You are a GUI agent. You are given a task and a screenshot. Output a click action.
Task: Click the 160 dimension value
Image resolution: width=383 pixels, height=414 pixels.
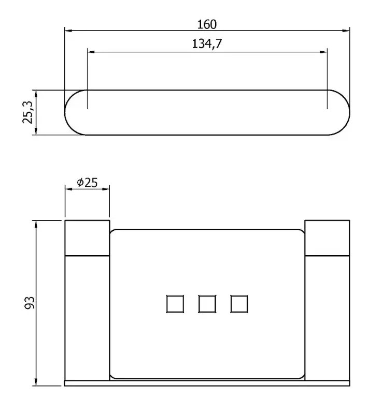click(207, 24)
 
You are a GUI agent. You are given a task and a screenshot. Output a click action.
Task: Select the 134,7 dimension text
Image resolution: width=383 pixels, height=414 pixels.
click(207, 43)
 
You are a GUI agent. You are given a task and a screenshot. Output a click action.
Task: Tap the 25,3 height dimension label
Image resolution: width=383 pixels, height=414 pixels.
click(28, 112)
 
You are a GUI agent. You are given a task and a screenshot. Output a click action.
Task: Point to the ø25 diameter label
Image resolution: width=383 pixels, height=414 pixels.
click(87, 183)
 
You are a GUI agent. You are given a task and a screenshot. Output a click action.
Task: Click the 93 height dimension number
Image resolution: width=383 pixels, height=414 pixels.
click(30, 303)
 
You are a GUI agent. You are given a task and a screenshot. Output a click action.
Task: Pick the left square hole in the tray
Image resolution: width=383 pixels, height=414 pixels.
click(175, 304)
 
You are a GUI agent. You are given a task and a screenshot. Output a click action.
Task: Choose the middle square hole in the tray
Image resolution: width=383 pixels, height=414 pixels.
click(207, 304)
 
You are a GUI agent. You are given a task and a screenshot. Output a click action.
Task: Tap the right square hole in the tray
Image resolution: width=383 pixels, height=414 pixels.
click(239, 304)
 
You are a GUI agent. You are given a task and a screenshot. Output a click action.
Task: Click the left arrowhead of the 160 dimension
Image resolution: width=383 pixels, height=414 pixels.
click(68, 31)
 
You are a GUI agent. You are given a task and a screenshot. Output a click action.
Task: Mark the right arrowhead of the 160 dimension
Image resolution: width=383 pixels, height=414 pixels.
click(346, 31)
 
